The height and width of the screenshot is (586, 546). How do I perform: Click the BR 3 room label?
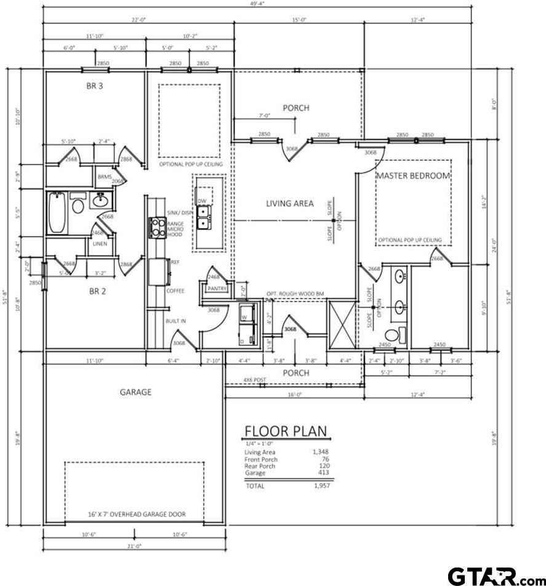pyautogui.click(x=94, y=86)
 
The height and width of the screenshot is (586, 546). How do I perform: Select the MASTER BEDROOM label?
pyautogui.click(x=413, y=175)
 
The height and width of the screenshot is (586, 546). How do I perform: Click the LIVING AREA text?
pyautogui.click(x=290, y=203)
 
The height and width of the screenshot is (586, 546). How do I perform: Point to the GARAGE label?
pyautogui.click(x=135, y=391)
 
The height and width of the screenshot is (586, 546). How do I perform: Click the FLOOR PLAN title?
pyautogui.click(x=286, y=431)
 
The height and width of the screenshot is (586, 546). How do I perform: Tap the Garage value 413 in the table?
pyautogui.click(x=323, y=473)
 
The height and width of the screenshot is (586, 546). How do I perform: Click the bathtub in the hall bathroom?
pyautogui.click(x=56, y=212)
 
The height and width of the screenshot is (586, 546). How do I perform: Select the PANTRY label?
pyautogui.click(x=217, y=289)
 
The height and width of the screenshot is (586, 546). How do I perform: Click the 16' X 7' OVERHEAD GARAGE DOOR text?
pyautogui.click(x=136, y=514)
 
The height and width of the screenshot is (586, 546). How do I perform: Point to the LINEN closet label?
pyautogui.click(x=100, y=244)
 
